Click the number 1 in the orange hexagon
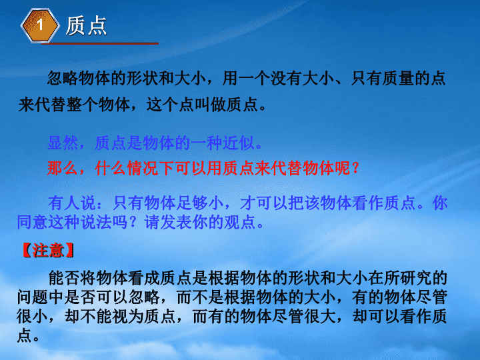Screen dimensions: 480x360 click(x=40, y=25)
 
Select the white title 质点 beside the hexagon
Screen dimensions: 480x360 click(x=86, y=26)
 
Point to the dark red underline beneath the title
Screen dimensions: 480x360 click(x=100, y=44)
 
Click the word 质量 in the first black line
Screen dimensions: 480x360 click(x=398, y=78)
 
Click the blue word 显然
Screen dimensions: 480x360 click(x=63, y=143)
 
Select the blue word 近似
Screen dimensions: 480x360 click(x=238, y=143)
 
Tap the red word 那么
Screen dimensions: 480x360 click(x=63, y=168)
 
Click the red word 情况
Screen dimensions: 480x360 click(x=143, y=168)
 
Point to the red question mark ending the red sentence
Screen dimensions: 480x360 click(x=356, y=168)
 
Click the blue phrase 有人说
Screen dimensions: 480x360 click(x=72, y=203)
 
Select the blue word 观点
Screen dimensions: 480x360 click(x=240, y=222)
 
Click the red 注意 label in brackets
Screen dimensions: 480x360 click(x=48, y=251)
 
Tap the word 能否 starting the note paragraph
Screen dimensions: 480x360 click(x=64, y=278)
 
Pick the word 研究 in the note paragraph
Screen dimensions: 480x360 click(x=415, y=278)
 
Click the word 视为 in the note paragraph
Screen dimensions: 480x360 click(x=127, y=316)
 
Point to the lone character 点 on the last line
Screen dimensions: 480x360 click(x=25, y=335)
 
